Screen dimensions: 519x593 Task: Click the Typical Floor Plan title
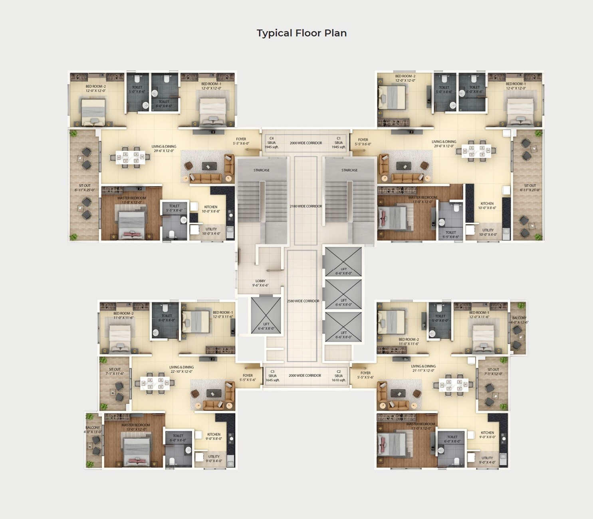(x=301, y=33)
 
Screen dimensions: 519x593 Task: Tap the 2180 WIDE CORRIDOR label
(x=305, y=206)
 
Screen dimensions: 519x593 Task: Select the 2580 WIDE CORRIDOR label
(x=303, y=301)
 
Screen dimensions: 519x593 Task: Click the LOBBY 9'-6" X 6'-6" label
(x=260, y=283)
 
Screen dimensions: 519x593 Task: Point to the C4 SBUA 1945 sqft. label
(x=272, y=143)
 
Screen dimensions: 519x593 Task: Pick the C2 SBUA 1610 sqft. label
(x=339, y=376)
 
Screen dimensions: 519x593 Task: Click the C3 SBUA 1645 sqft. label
(x=273, y=376)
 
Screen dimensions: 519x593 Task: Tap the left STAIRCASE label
(x=262, y=170)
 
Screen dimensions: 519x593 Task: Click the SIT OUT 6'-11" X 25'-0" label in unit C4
(x=85, y=188)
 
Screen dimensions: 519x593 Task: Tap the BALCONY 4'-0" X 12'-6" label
(x=520, y=320)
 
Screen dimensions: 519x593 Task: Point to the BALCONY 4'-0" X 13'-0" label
(x=93, y=430)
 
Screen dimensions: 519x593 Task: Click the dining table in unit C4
(x=131, y=157)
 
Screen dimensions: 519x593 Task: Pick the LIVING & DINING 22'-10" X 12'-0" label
(x=182, y=369)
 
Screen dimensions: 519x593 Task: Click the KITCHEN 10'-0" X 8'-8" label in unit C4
(x=211, y=209)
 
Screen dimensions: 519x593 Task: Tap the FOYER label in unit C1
(x=363, y=142)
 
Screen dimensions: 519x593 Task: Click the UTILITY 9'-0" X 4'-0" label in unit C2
(x=487, y=460)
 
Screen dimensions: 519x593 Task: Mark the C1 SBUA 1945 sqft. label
(x=339, y=143)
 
